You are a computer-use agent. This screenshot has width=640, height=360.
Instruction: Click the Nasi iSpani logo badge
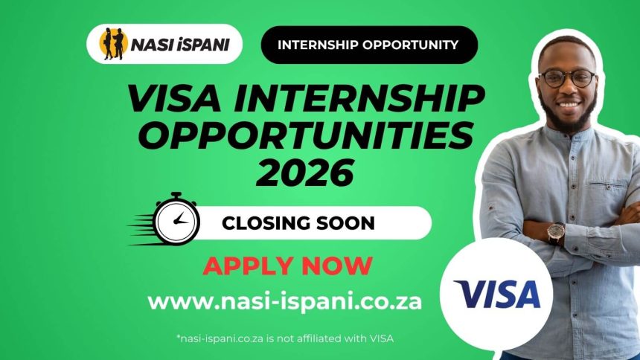tap(164, 44)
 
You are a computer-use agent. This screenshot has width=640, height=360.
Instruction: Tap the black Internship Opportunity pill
tap(368, 45)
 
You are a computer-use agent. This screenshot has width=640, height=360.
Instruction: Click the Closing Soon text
tap(298, 222)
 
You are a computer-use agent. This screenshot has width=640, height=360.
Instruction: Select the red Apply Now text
tap(287, 266)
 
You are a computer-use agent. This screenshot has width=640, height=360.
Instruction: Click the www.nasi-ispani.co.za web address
tap(285, 302)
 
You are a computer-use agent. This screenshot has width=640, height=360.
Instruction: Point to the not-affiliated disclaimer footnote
tap(284, 338)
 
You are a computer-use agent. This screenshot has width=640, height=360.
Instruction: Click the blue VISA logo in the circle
tap(497, 295)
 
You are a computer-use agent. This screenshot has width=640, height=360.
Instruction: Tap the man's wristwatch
tap(555, 234)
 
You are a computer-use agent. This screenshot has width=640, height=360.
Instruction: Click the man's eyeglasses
tap(567, 78)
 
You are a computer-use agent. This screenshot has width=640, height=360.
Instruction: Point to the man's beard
tap(570, 119)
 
